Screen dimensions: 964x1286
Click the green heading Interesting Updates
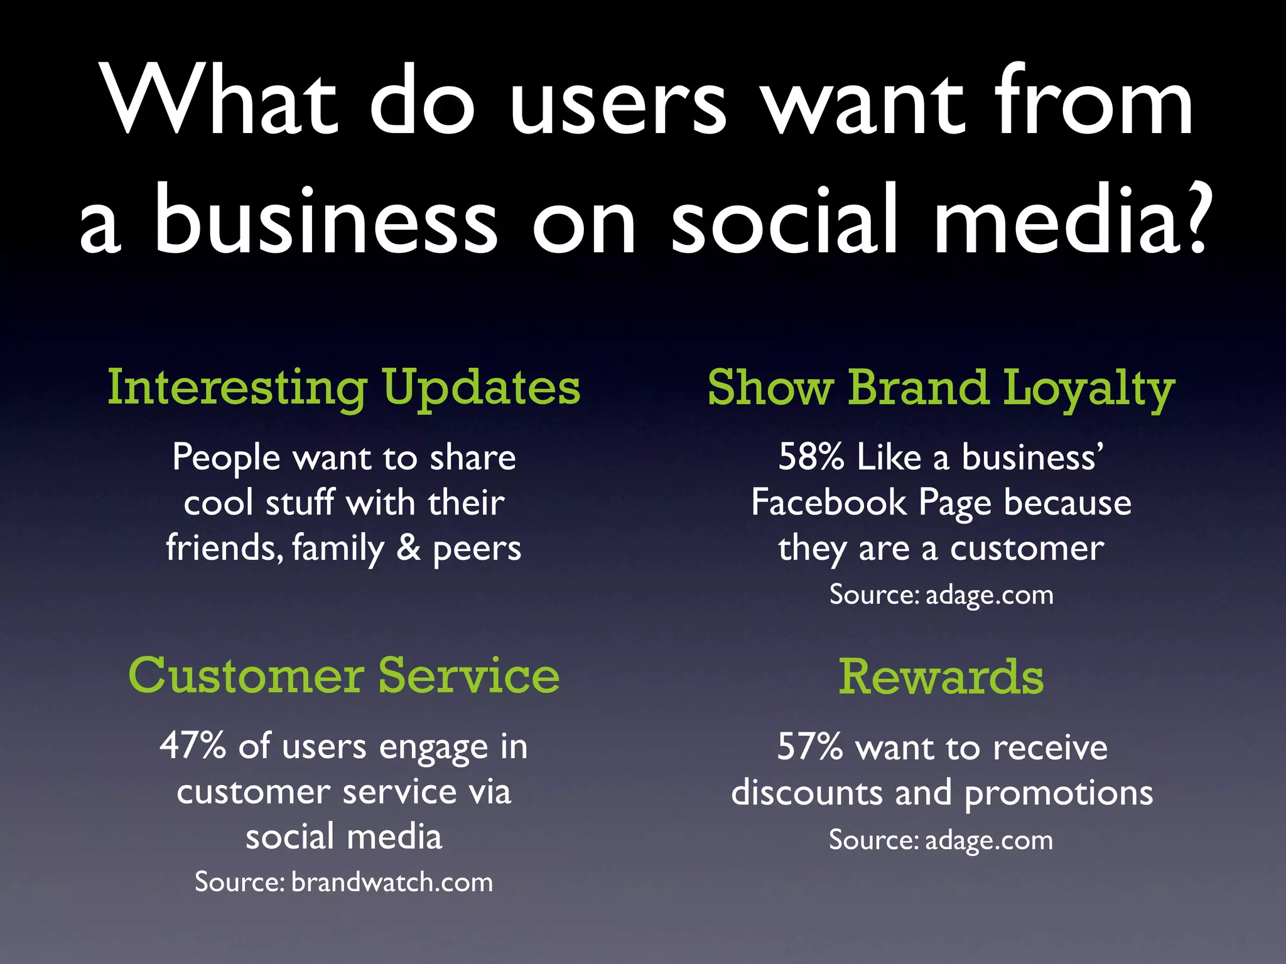[x=343, y=388]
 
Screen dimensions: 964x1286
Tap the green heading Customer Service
[x=343, y=675]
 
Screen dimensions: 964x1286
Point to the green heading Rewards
[x=941, y=677]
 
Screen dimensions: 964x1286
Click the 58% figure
[x=811, y=456]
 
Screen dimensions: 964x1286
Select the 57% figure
[x=809, y=747]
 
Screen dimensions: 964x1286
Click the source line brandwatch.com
[x=343, y=882]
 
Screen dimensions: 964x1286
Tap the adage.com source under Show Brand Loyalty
[x=941, y=594]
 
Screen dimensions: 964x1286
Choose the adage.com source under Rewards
[x=941, y=840]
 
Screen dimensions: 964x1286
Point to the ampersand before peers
[x=409, y=547]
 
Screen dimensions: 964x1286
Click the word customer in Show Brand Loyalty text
[x=1027, y=549]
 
